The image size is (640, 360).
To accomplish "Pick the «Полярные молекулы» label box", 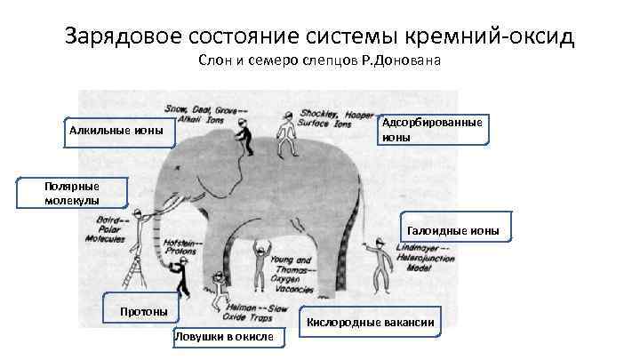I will coord(74,193).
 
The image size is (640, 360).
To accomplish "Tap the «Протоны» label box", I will coord(142,309).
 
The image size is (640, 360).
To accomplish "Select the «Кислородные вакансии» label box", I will coord(371,321).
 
